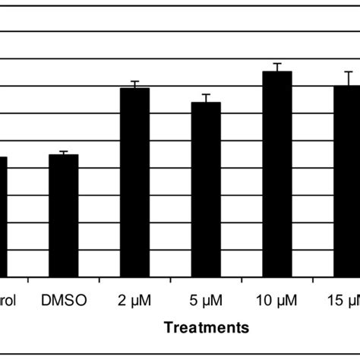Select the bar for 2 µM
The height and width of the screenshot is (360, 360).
(x=135, y=182)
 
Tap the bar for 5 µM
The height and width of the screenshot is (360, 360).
(x=206, y=189)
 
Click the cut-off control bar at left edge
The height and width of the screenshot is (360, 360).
(x=3, y=216)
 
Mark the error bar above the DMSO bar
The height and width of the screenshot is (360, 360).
(x=64, y=153)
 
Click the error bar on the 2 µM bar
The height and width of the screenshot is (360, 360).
(x=135, y=84)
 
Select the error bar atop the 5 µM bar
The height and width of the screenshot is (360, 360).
(x=206, y=98)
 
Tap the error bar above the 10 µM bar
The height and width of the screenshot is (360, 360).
(x=277, y=67)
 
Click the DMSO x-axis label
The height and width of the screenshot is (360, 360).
(x=64, y=300)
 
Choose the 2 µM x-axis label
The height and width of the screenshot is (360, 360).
(x=135, y=300)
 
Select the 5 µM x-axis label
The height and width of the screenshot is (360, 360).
(x=206, y=300)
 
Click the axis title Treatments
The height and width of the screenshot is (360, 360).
(x=206, y=327)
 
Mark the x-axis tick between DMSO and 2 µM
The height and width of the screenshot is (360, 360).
(x=99, y=280)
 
